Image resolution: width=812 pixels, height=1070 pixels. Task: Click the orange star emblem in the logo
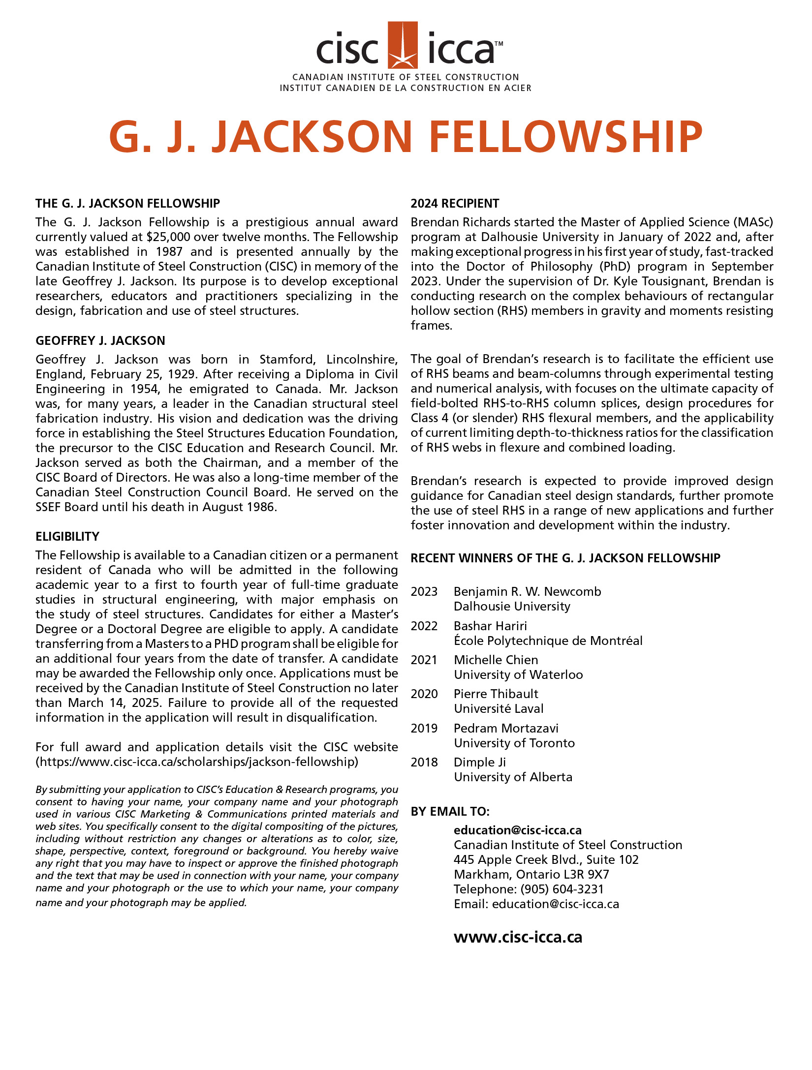(403, 45)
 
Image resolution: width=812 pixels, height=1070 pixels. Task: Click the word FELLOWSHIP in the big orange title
(566, 137)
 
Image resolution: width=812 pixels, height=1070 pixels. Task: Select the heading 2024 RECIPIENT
(455, 204)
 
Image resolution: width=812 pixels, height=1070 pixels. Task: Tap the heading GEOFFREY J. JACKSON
(100, 341)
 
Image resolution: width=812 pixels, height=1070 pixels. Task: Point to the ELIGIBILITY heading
(67, 537)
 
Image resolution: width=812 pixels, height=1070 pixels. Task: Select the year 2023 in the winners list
(424, 592)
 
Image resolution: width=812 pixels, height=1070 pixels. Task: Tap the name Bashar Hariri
(490, 626)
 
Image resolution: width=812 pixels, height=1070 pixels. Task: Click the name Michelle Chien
(496, 660)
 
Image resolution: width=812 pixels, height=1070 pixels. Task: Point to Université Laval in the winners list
(499, 709)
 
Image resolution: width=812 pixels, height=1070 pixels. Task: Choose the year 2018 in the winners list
(424, 763)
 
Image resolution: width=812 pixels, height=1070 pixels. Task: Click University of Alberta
(513, 777)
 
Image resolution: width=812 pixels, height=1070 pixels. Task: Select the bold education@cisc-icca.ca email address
(518, 830)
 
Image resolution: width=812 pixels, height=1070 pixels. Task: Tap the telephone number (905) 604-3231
(562, 889)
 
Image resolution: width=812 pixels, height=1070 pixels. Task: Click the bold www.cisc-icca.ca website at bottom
(518, 937)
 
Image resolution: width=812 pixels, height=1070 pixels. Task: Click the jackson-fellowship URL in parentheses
(197, 762)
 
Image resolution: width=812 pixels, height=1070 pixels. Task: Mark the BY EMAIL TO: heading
(450, 812)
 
